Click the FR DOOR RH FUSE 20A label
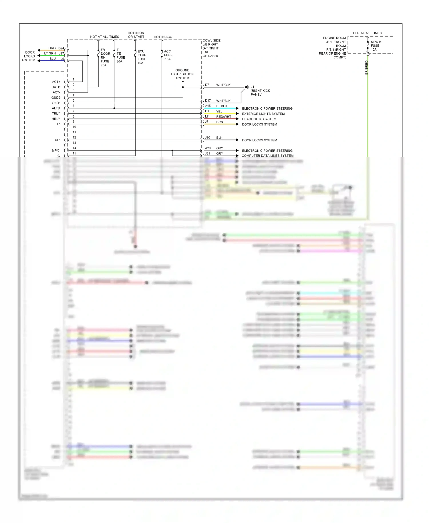(105, 58)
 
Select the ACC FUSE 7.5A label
(168, 55)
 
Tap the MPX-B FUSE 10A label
(376, 46)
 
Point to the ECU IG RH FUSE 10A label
(142, 57)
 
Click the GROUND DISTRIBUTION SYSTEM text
(182, 74)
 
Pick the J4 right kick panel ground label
(260, 91)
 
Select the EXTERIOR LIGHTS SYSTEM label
(263, 114)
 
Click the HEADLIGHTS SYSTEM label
(259, 119)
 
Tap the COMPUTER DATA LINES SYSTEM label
(267, 156)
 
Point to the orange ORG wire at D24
(51, 50)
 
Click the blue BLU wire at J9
(51, 61)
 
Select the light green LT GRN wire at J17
(51, 56)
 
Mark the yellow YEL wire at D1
(220, 114)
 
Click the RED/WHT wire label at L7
(224, 117)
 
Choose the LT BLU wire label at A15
(222, 106)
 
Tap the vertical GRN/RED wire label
(366, 68)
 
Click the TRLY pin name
(56, 114)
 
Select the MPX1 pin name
(56, 150)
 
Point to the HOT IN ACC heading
(163, 37)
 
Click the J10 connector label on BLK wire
(207, 138)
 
